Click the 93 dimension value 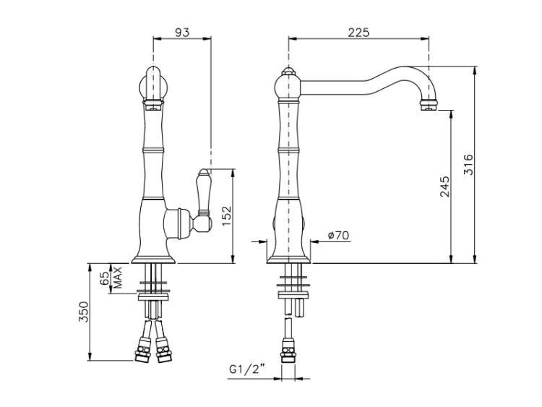click(x=182, y=32)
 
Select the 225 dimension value click(x=358, y=32)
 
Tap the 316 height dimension click(x=468, y=165)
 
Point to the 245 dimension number click(x=445, y=187)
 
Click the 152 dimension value click(x=226, y=215)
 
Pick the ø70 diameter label click(x=338, y=236)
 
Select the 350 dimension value click(x=84, y=312)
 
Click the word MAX click(x=118, y=278)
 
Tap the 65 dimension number click(x=104, y=278)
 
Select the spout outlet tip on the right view click(x=429, y=105)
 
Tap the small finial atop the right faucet click(x=288, y=72)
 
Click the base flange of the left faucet click(x=154, y=260)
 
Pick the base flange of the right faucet click(x=288, y=260)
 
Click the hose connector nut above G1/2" click(x=288, y=350)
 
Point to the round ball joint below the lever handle click(x=202, y=224)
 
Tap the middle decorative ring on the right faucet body click(x=288, y=150)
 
